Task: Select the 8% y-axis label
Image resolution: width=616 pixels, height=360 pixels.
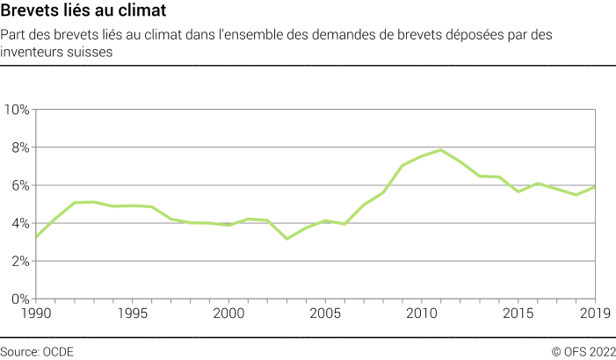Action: [x=20, y=148]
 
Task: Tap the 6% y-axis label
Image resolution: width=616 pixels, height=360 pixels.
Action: [x=20, y=185]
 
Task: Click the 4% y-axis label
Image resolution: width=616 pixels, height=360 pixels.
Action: [x=20, y=223]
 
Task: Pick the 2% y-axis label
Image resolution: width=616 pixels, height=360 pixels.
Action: [x=20, y=261]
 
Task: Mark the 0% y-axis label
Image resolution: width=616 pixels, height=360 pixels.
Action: [x=20, y=299]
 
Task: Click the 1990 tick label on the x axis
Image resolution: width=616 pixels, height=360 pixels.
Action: [x=36, y=313]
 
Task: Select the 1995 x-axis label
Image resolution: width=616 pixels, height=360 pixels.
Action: [x=133, y=313]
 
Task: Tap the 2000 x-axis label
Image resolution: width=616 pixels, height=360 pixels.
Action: [x=229, y=313]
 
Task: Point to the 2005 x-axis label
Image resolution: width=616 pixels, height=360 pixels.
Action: [x=326, y=313]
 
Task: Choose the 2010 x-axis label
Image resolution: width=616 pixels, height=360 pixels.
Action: [x=423, y=313]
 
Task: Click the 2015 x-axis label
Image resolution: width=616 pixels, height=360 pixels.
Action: [x=519, y=313]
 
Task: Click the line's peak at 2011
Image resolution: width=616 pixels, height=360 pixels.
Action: [x=441, y=150]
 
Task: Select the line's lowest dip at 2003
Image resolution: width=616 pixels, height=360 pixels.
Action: [x=286, y=239]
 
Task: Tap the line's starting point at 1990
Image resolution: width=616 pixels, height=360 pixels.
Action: [x=36, y=237]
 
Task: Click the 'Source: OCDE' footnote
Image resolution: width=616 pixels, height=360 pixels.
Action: [x=37, y=351]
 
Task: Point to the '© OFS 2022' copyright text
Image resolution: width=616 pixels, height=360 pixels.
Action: [x=583, y=351]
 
